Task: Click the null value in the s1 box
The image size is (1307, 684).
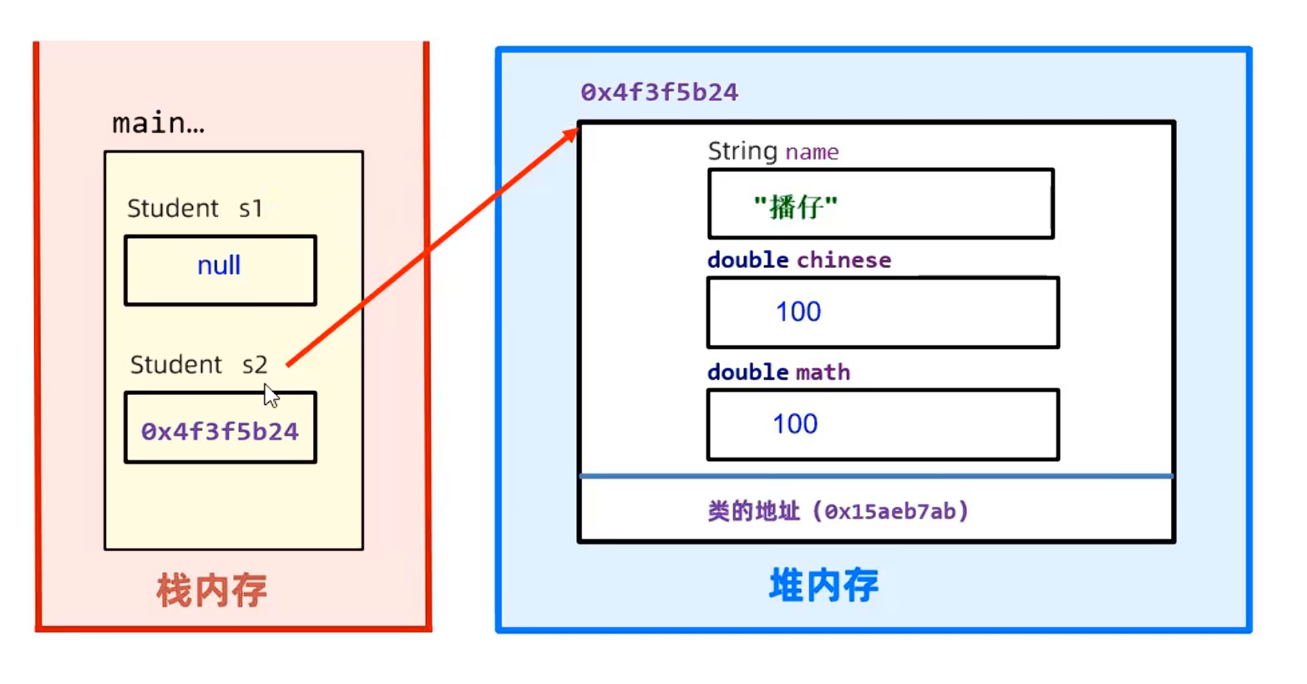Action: [219, 266]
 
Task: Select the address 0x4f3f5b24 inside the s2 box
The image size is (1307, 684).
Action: [220, 431]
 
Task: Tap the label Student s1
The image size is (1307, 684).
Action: [195, 208]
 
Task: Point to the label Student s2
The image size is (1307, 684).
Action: [199, 364]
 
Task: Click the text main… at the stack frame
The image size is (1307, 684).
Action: [158, 124]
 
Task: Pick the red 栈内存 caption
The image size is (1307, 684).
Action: [211, 590]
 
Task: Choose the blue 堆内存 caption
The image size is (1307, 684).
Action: [823, 585]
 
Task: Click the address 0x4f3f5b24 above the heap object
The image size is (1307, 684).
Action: [659, 92]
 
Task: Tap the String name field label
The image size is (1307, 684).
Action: [773, 151]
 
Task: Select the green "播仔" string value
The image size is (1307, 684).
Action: [795, 206]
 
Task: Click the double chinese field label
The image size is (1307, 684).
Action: [799, 260]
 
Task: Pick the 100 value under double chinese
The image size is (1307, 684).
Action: [798, 312]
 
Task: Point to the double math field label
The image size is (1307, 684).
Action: [778, 372]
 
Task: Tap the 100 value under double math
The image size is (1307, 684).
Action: [794, 423]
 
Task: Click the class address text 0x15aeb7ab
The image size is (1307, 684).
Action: [892, 511]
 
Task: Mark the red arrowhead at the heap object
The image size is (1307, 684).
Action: [571, 133]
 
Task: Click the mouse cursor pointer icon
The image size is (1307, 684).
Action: [271, 395]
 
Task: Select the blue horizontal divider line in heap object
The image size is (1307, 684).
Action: [877, 476]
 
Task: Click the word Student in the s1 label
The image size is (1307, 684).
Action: [173, 208]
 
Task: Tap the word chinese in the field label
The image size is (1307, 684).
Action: [843, 260]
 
